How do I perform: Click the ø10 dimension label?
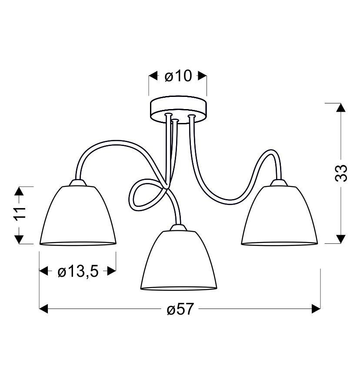178,76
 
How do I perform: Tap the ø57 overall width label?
180,309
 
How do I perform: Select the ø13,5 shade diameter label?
78,272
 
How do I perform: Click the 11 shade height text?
20,215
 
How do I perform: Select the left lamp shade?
78,217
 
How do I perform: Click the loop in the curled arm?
143,194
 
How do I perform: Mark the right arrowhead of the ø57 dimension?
317,309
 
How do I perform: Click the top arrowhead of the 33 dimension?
341,108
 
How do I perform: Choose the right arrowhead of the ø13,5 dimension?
111,272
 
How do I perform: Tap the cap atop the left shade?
78,183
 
